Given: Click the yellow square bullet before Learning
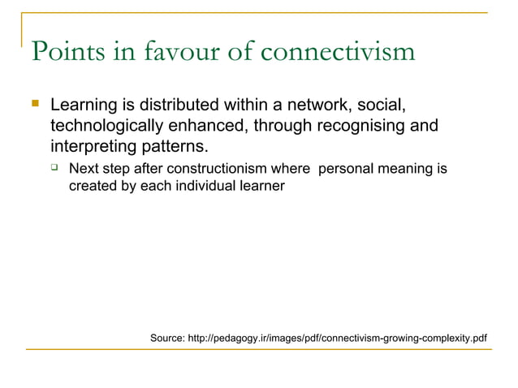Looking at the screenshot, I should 34,105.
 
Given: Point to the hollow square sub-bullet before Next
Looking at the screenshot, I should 54,168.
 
